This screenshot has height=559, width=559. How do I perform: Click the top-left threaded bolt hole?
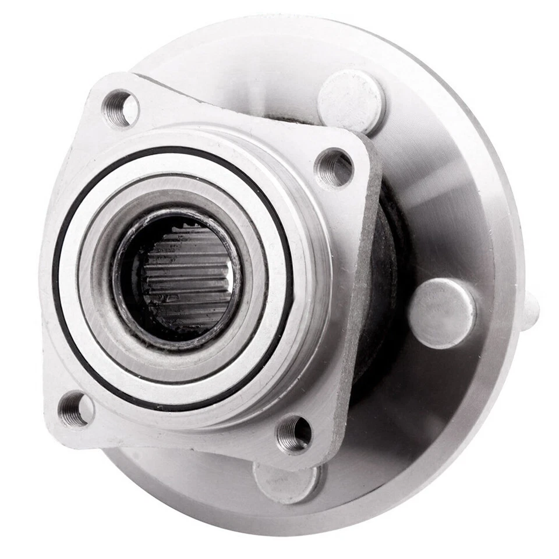click(121, 108)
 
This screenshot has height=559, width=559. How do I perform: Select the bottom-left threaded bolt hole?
click(76, 409)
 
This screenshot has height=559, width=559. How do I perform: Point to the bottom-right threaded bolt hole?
click(294, 434)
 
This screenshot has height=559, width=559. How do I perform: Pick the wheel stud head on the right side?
click(442, 313)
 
